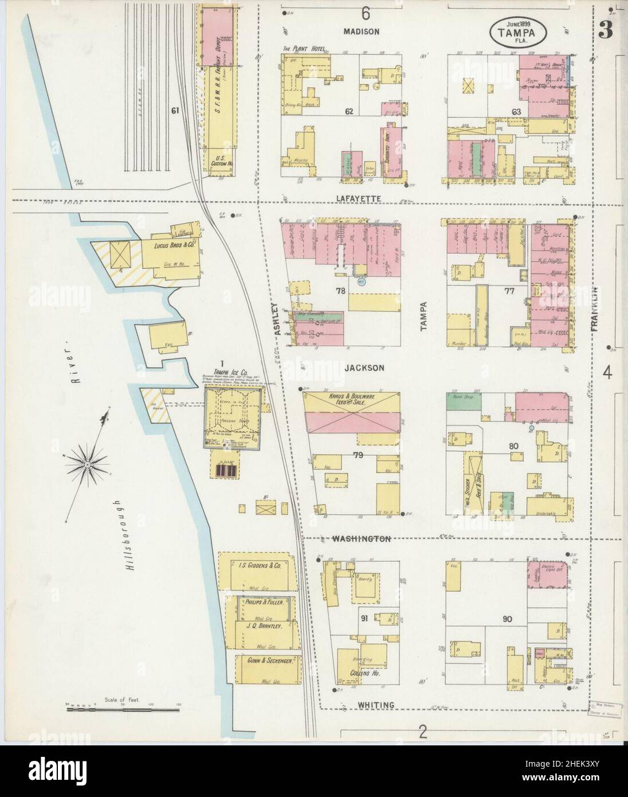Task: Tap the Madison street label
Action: (x=361, y=32)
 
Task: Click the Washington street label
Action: (x=361, y=539)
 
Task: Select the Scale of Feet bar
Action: (x=105, y=709)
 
